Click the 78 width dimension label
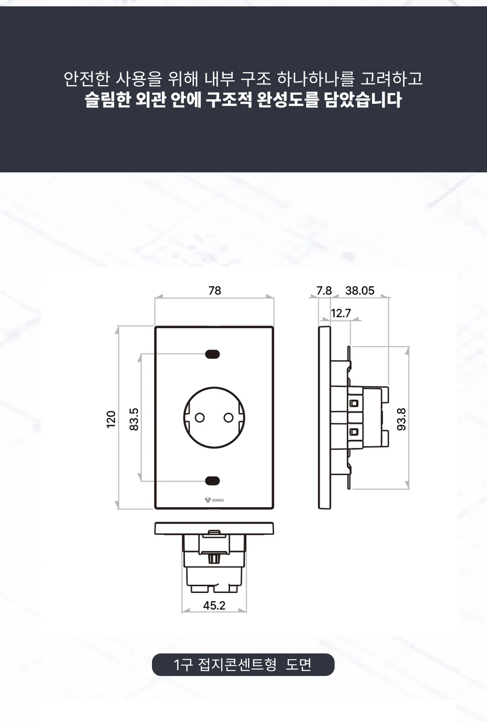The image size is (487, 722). click(x=215, y=291)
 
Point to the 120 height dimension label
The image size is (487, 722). click(x=111, y=419)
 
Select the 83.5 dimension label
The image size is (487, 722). click(x=134, y=419)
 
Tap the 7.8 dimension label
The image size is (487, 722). click(x=324, y=291)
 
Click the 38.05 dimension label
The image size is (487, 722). click(x=360, y=291)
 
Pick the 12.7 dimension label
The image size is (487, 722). click(x=341, y=313)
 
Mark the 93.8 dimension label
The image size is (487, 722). click(x=401, y=419)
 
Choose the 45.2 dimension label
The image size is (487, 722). click(x=214, y=605)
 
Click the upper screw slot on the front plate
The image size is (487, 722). click(x=212, y=354)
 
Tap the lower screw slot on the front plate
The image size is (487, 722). click(x=212, y=481)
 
